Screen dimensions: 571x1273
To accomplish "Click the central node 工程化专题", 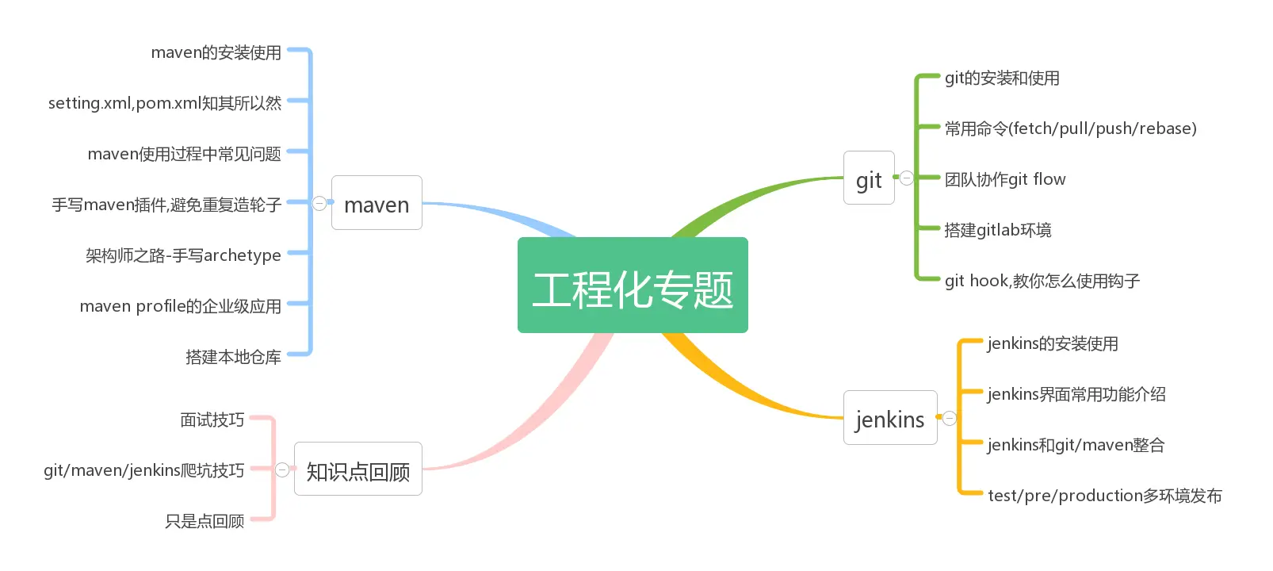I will coord(633,285).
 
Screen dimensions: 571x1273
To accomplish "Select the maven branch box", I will coord(377,203).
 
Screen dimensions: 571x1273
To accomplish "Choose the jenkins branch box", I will coord(890,418).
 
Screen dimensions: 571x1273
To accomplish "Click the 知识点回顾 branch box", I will coord(358,469).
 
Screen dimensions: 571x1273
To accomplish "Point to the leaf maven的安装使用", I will coord(216,52).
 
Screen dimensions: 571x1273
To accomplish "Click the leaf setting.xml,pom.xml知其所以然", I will coord(165,103).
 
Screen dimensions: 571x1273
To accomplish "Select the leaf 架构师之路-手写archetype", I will coord(183,255).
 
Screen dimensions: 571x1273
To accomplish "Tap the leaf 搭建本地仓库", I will coord(233,357).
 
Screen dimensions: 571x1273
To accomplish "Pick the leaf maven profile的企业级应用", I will coord(180,306).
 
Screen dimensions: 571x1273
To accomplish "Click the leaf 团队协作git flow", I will coord(1005,179).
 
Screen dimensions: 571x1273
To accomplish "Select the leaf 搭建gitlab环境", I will coord(998,230).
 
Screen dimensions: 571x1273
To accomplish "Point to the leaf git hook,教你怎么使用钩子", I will coord(1042,281).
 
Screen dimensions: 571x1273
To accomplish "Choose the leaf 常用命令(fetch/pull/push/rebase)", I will coord(1070,128).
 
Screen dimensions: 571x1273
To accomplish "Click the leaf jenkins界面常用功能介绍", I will coord(1076,394).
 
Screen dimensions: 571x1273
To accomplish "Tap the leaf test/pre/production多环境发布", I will coord(1105,496).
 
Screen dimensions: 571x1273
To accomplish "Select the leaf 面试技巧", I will coord(212,420).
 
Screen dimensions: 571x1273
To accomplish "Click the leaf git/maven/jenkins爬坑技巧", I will coord(144,470).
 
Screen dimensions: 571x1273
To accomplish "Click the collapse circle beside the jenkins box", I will coord(950,418).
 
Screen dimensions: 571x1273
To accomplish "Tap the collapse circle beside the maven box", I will coord(319,203).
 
